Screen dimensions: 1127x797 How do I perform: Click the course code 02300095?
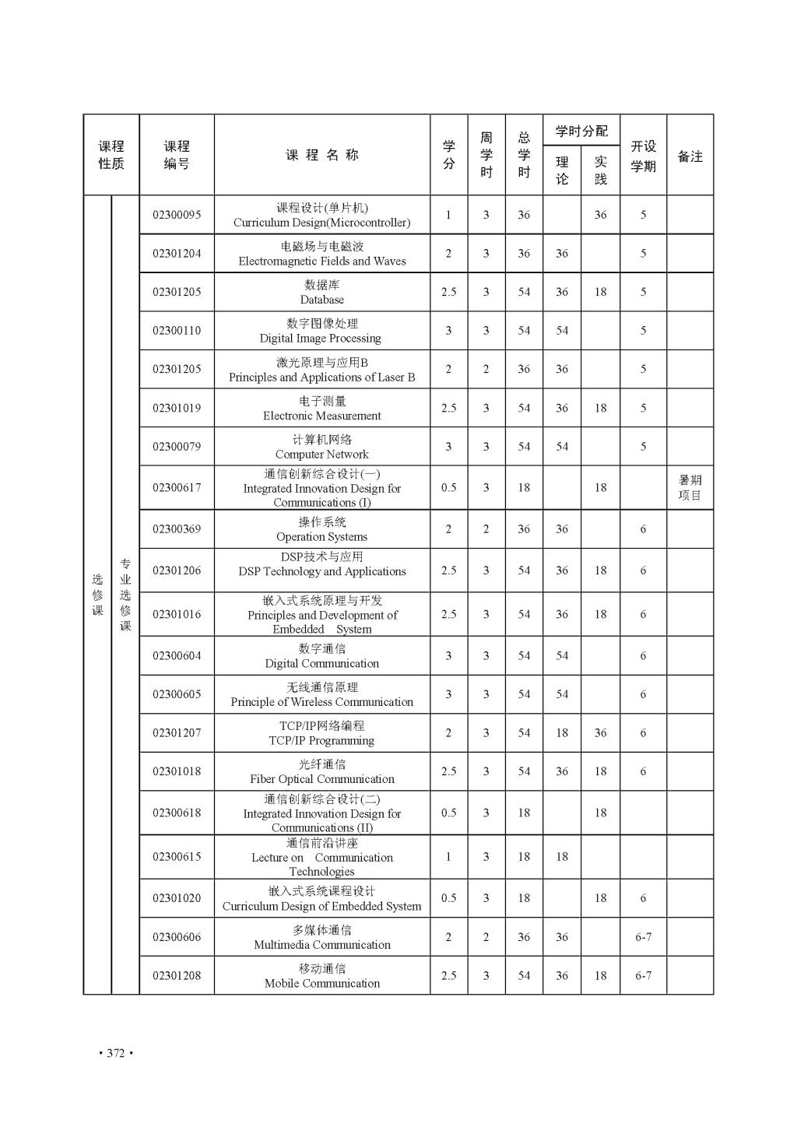(177, 215)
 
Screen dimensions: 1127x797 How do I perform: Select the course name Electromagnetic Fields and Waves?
(322, 262)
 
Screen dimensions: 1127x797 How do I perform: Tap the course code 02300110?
(177, 331)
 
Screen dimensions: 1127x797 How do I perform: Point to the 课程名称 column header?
(322, 155)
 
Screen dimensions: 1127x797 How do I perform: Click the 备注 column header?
(690, 156)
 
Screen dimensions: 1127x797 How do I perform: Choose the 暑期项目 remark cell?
(690, 488)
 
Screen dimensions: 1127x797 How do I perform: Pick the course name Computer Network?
(322, 455)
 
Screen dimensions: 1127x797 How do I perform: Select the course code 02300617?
(177, 488)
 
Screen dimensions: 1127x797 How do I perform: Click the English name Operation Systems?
(322, 537)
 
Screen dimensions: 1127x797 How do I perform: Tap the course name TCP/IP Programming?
(322, 741)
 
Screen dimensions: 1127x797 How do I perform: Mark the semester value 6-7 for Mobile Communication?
(643, 976)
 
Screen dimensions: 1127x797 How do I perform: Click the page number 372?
(116, 1054)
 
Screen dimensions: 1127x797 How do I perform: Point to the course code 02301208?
(177, 976)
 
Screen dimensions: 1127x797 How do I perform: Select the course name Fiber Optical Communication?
(322, 779)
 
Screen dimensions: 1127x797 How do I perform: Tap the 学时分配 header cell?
(581, 131)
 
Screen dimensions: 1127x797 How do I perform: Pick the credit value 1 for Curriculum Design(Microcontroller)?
(448, 215)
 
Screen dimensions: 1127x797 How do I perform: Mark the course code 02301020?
(177, 898)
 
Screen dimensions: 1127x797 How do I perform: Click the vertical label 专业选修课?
(125, 595)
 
